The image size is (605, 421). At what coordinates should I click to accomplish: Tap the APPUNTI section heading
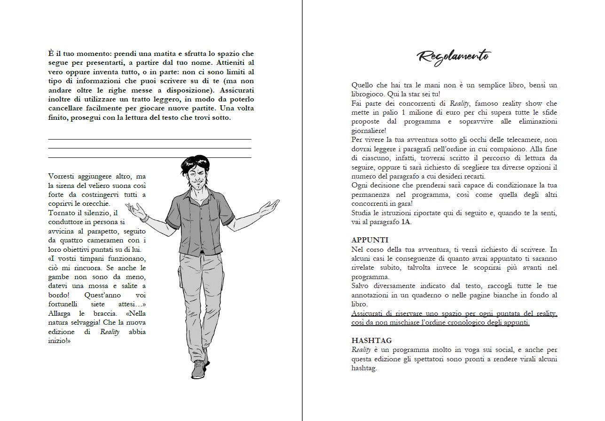(x=370, y=240)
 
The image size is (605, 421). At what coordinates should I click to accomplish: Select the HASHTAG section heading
(x=371, y=341)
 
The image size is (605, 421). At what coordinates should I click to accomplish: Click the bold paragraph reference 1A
(x=406, y=222)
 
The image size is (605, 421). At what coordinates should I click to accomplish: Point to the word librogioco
(x=368, y=94)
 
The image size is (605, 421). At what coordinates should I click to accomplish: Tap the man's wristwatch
(x=144, y=218)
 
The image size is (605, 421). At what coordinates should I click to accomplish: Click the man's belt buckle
(x=201, y=252)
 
